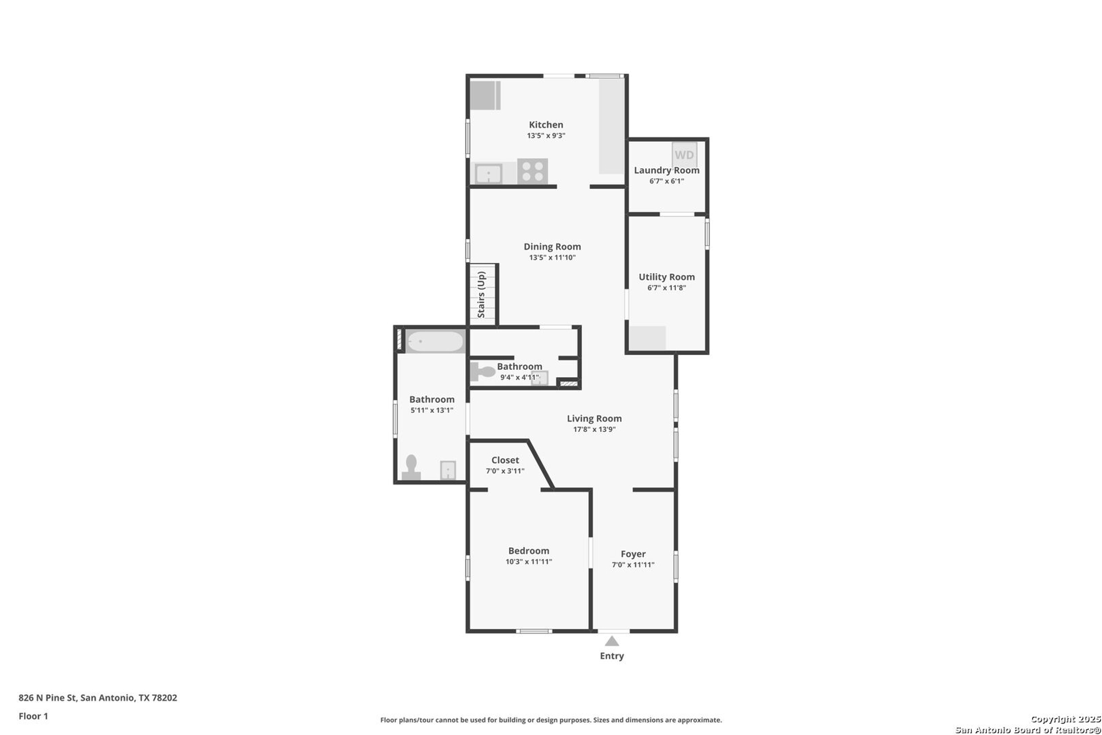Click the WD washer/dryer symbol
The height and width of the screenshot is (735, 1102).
tap(684, 154)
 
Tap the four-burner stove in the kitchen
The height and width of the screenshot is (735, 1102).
tap(533, 171)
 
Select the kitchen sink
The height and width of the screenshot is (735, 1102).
tap(488, 173)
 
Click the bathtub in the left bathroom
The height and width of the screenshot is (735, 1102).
tap(435, 342)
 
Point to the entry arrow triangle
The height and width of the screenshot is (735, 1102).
tap(612, 641)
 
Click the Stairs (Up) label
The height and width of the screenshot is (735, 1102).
tap(482, 295)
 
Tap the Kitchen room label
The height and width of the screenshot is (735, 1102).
tap(546, 125)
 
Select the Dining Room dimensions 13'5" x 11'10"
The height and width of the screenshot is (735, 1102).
tap(552, 257)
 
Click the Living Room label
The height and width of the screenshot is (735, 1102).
tap(594, 419)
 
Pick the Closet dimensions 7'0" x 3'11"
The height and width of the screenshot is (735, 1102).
tap(505, 471)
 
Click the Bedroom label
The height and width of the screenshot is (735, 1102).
tap(529, 551)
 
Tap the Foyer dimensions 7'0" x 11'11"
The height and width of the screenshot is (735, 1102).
tap(633, 564)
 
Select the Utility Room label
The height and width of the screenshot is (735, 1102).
tap(666, 277)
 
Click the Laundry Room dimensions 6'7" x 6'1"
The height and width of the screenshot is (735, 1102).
tap(666, 181)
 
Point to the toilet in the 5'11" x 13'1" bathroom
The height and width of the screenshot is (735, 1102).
tap(411, 467)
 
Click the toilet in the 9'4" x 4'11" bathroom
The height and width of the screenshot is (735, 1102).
tap(482, 372)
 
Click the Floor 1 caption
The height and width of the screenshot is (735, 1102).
tap(33, 716)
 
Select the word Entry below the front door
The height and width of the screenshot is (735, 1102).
tap(612, 656)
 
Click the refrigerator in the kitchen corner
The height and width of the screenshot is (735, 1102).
tap(485, 95)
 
